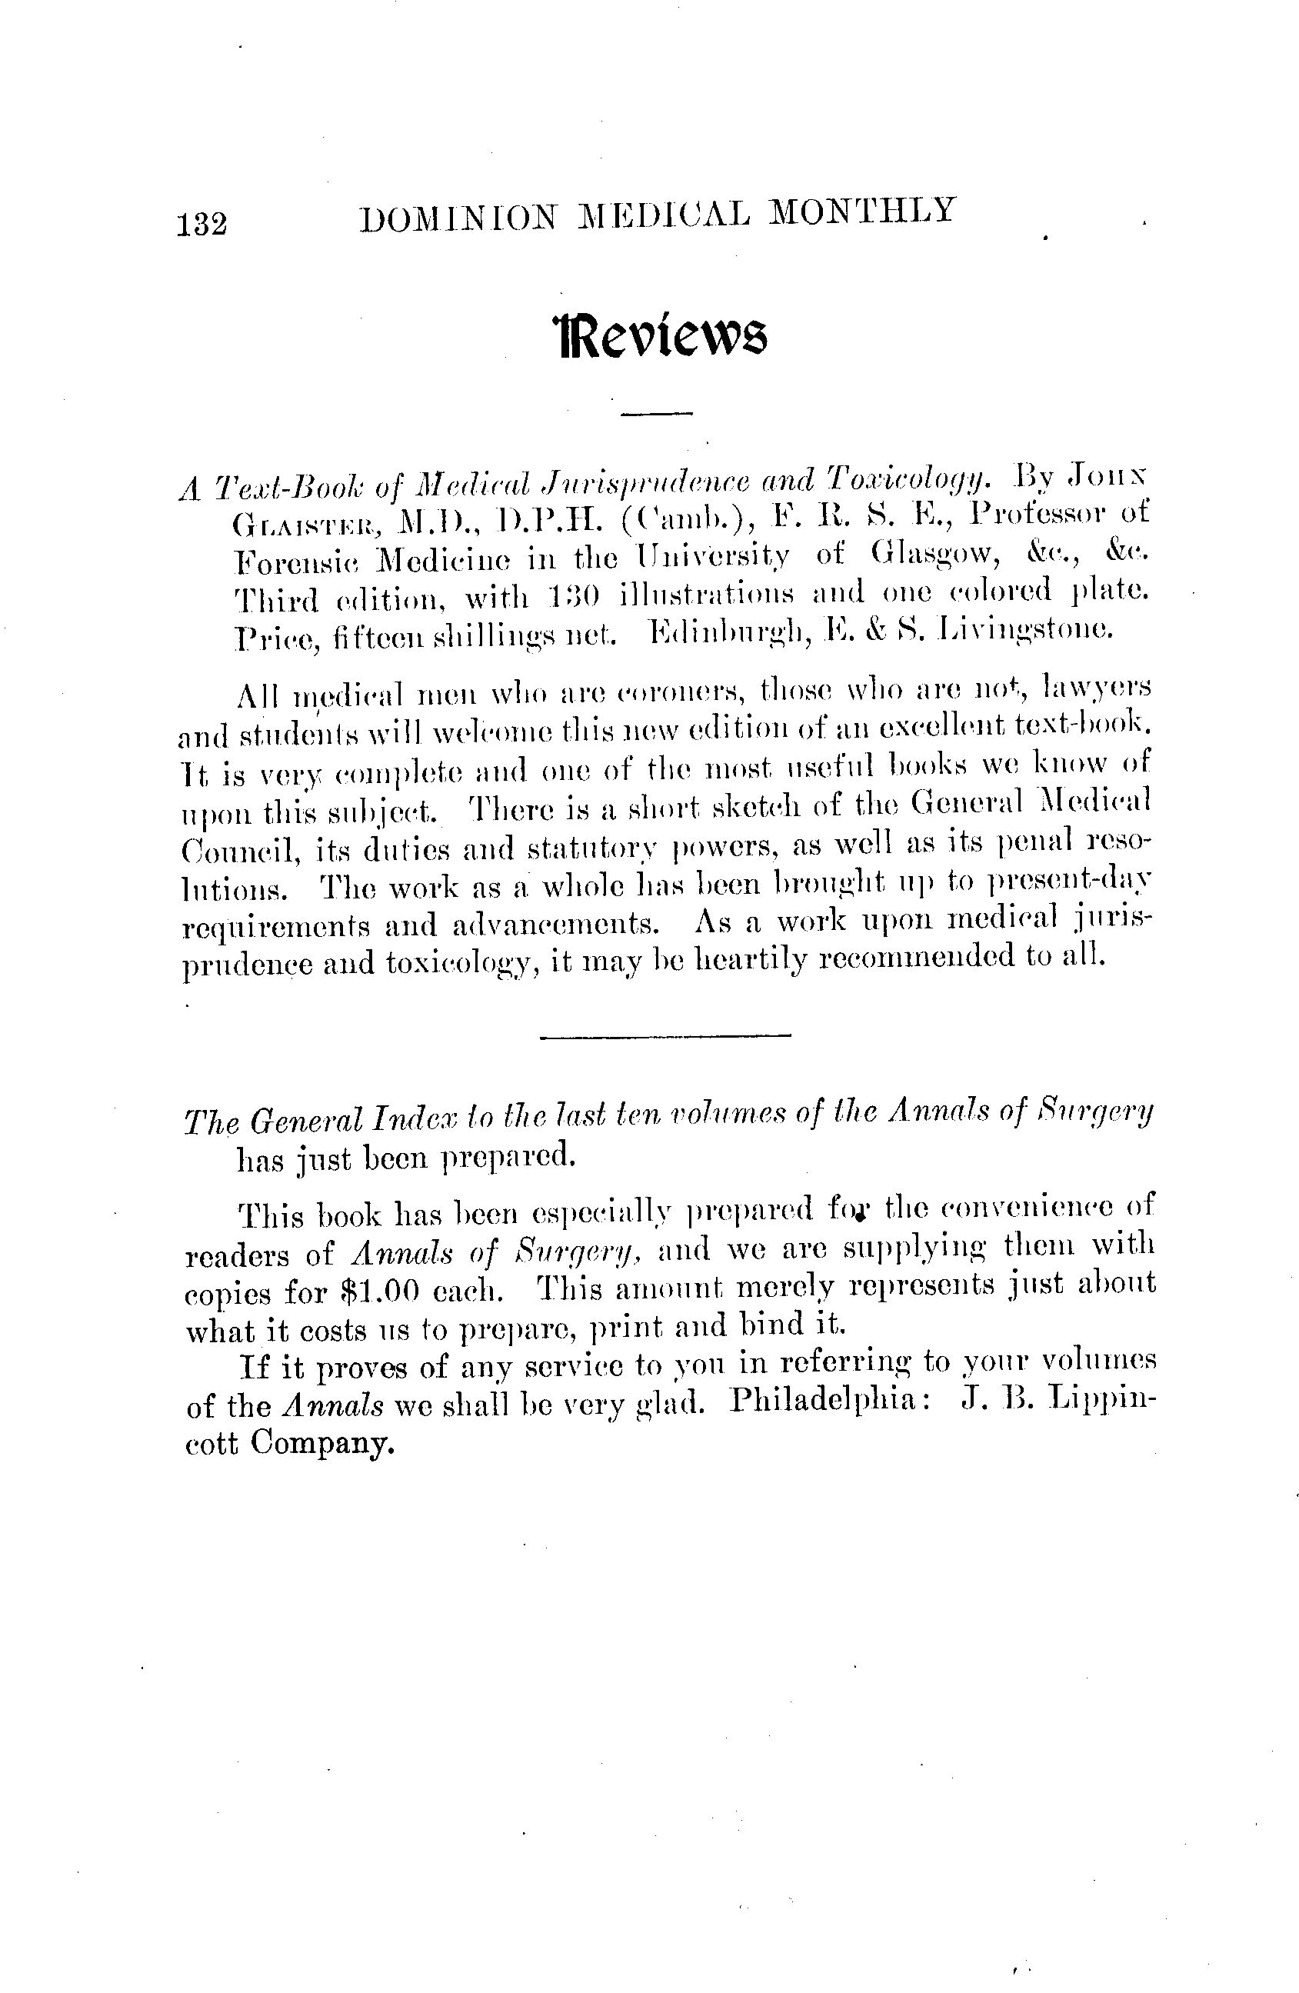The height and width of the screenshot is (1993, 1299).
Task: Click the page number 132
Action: [202, 225]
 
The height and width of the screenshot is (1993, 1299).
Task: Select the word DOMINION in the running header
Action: [458, 216]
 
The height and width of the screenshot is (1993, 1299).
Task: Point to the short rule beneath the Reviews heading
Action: [658, 413]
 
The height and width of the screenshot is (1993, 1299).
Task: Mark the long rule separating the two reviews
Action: [665, 1037]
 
